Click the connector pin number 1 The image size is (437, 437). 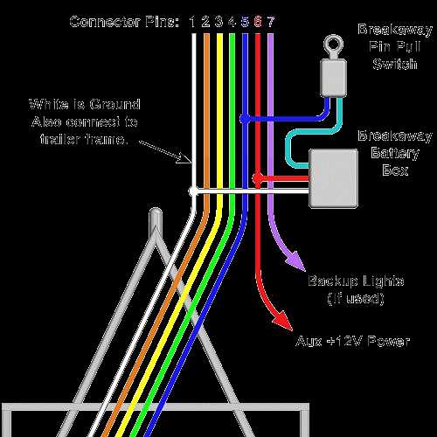pyautogui.click(x=192, y=21)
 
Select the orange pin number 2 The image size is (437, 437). pyautogui.click(x=205, y=21)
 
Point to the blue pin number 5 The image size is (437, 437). pyautogui.click(x=245, y=21)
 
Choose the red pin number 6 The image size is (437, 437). pyautogui.click(x=258, y=21)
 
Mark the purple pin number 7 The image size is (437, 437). pyautogui.click(x=271, y=21)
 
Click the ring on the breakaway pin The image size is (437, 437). pyautogui.click(x=330, y=43)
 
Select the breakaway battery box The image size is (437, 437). pyautogui.click(x=334, y=177)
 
